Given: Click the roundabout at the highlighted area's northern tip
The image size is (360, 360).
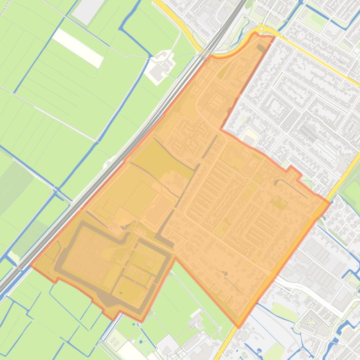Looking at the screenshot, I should tap(261, 29).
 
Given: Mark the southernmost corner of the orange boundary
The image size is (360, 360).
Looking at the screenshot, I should tap(238, 327).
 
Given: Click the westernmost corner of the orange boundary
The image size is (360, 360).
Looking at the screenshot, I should tap(31, 265).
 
